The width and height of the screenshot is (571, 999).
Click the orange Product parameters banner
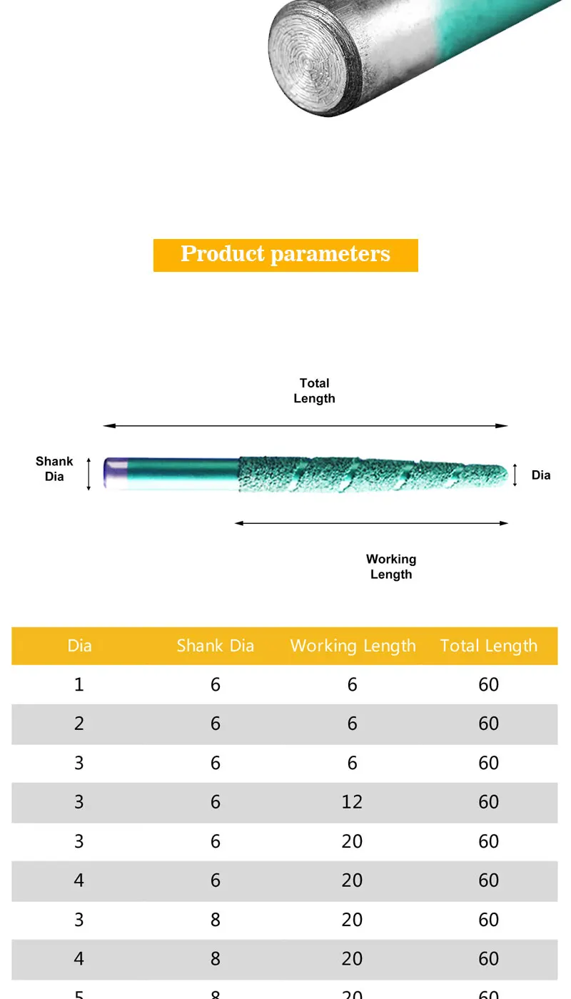(x=285, y=255)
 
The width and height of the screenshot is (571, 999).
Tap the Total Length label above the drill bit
(x=314, y=391)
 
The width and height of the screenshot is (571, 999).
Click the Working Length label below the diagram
(x=391, y=567)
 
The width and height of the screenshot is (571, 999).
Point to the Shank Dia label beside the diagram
(x=54, y=469)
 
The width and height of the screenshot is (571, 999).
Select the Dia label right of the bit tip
(x=541, y=475)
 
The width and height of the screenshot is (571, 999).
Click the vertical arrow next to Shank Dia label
(x=89, y=474)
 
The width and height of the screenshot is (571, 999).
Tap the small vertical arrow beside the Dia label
(x=515, y=475)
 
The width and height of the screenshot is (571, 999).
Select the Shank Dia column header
(x=216, y=646)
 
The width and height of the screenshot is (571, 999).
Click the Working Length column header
(x=353, y=646)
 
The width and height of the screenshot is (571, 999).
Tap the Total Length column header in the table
(x=488, y=646)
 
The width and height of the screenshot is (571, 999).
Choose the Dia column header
(x=79, y=646)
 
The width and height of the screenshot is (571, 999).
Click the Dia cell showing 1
(x=79, y=685)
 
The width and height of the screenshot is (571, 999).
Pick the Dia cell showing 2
(x=79, y=724)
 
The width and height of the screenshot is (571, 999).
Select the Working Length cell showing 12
(x=352, y=802)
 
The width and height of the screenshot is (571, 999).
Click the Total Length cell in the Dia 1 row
(x=488, y=685)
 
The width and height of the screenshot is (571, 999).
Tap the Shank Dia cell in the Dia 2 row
(x=216, y=724)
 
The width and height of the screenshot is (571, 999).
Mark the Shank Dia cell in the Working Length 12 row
(x=216, y=802)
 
